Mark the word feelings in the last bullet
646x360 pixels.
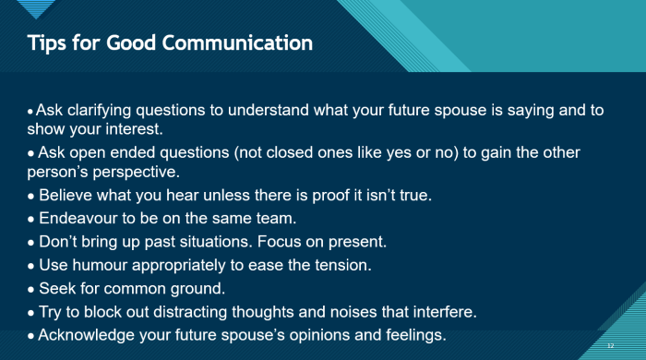tap(413, 334)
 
